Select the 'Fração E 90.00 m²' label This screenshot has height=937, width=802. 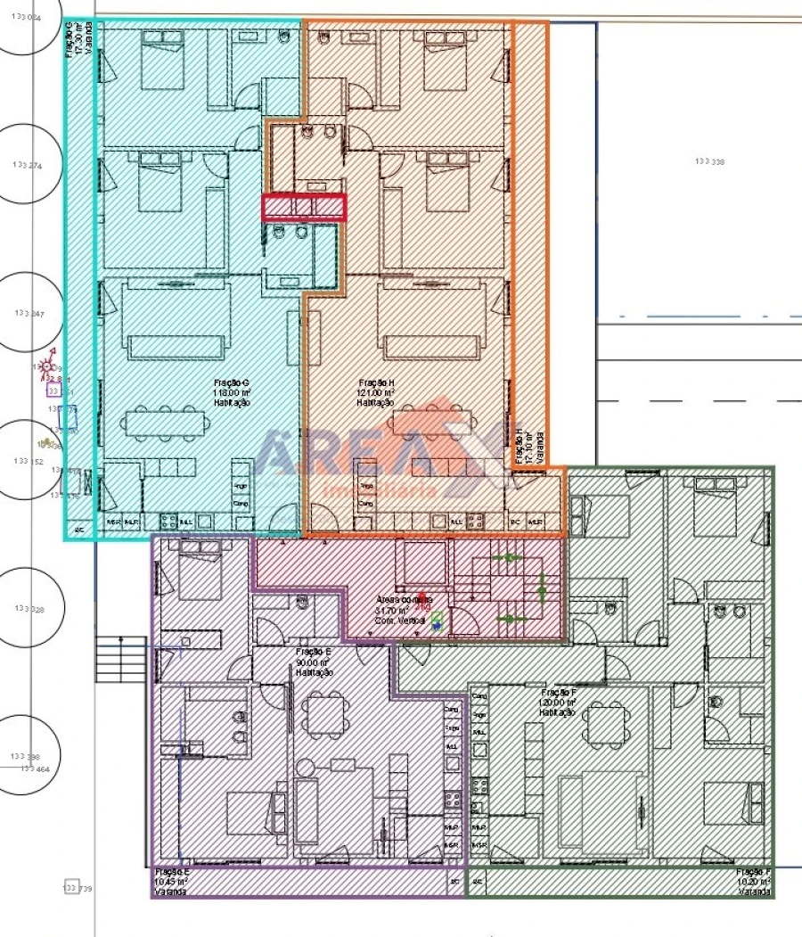[x=314, y=662]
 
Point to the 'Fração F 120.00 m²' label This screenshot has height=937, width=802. [x=558, y=702]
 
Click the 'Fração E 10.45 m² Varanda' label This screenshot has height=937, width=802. [x=172, y=882]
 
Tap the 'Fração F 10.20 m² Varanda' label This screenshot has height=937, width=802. [x=753, y=882]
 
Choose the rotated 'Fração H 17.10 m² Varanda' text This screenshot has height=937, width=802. [x=529, y=446]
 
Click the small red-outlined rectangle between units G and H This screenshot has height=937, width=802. [x=303, y=207]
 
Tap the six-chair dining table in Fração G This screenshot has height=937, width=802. [x=161, y=423]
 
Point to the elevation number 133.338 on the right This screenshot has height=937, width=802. [x=709, y=161]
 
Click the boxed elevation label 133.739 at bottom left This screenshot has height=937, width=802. [x=78, y=889]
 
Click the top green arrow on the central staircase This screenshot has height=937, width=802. [x=509, y=558]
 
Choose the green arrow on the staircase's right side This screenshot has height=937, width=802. [x=543, y=588]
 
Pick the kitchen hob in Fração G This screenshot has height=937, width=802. [x=168, y=522]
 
